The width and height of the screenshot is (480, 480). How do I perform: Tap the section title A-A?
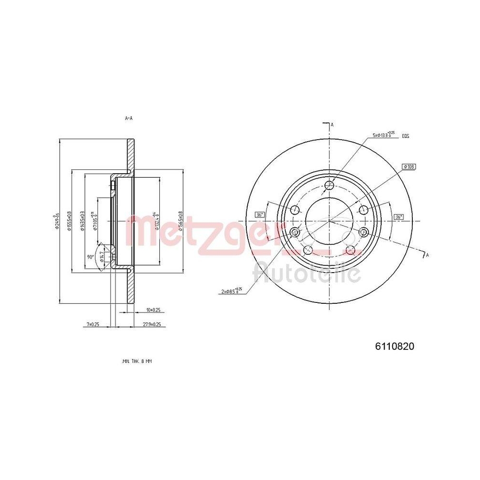(x=128, y=118)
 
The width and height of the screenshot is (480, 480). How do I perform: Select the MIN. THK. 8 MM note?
(x=140, y=360)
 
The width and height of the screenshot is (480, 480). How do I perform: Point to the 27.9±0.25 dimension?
(x=151, y=325)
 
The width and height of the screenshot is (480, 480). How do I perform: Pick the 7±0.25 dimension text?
(x=93, y=325)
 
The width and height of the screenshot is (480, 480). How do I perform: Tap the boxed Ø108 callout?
(x=409, y=167)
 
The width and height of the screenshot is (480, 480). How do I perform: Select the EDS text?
(x=406, y=136)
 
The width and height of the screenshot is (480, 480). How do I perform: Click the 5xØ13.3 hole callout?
(x=384, y=135)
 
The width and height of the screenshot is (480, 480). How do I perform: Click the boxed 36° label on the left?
(x=260, y=215)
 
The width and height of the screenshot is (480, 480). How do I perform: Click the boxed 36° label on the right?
(x=398, y=217)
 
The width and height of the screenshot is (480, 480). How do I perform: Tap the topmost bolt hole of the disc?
(x=329, y=186)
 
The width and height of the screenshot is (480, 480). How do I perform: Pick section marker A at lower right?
(x=427, y=255)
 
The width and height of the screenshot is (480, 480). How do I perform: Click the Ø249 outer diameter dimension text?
(x=56, y=222)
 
